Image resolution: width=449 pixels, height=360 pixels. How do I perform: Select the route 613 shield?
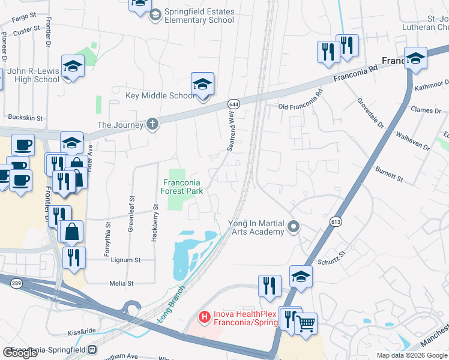336,222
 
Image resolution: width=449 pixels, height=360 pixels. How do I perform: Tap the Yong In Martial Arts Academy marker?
294,227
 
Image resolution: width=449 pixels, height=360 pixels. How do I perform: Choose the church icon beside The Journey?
152,125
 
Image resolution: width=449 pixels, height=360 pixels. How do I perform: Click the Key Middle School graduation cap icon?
203,84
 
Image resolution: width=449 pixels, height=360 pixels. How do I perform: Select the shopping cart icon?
306,323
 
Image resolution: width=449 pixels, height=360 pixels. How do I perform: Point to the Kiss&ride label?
82,331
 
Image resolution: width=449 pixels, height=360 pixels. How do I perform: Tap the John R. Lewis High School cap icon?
73,67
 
